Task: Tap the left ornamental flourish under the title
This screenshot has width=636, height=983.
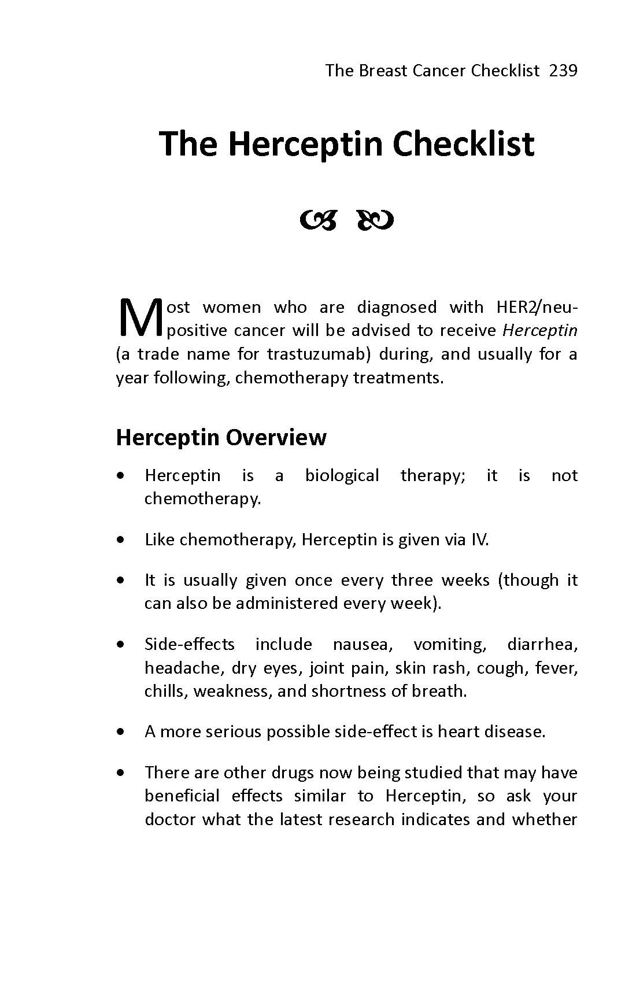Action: coord(317,220)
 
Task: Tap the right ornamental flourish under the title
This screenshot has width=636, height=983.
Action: coord(376,220)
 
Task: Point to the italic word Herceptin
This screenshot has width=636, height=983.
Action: coord(539,330)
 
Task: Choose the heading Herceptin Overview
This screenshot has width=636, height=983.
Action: coord(221,437)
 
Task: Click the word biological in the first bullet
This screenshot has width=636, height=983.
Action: coord(342,475)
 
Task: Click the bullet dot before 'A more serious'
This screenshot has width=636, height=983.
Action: coord(120,732)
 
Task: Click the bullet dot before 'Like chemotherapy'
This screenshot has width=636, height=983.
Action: coord(120,540)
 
